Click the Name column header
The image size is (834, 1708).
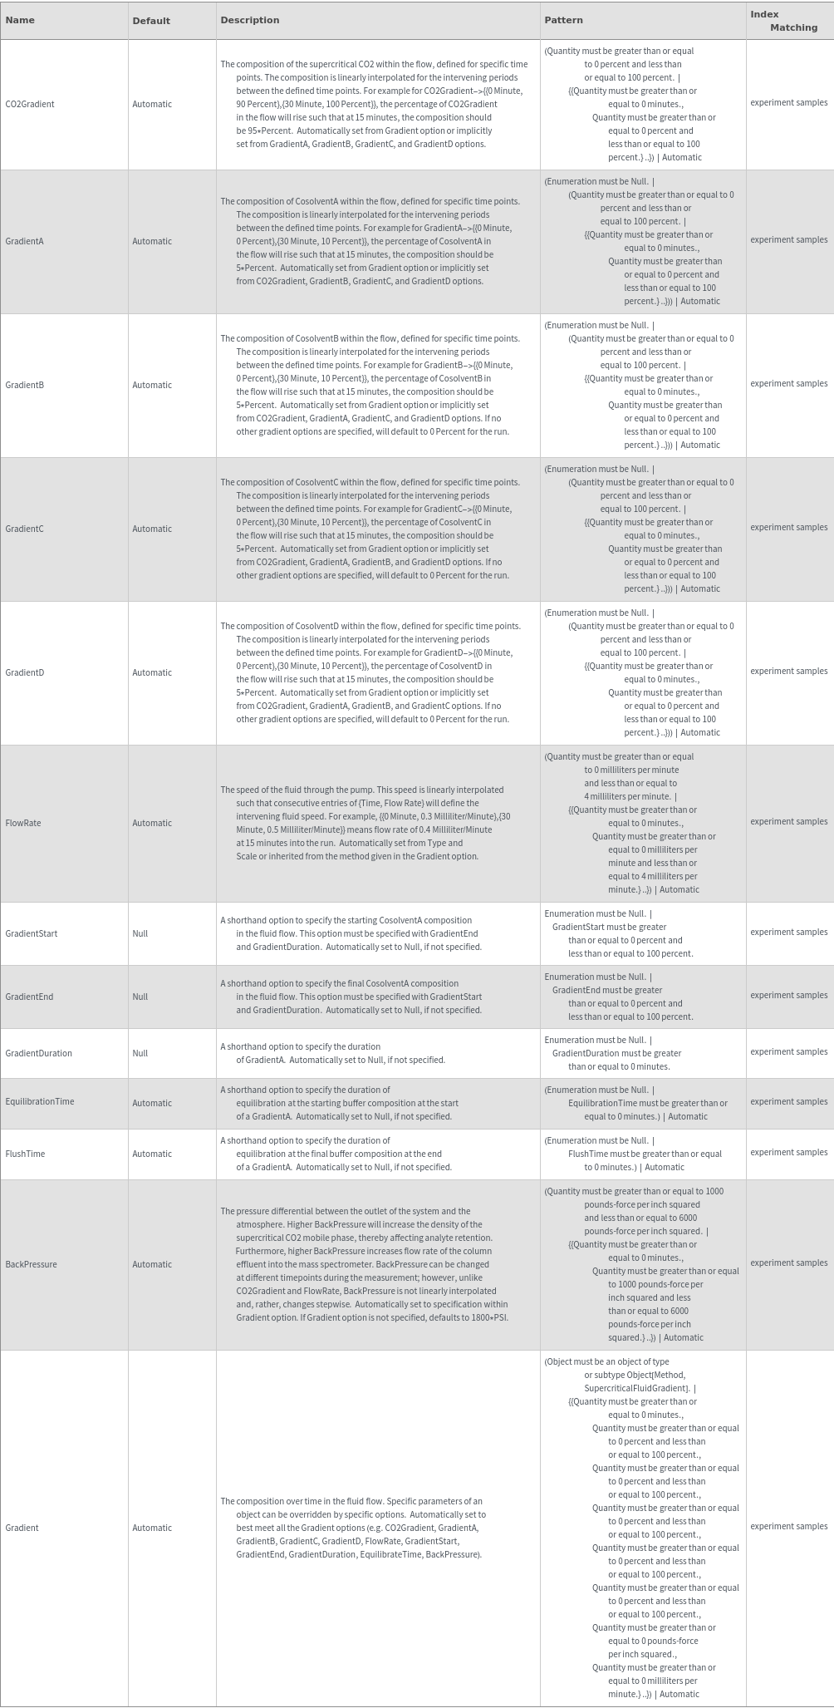[20, 20]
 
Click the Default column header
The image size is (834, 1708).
[151, 21]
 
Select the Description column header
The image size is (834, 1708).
[250, 20]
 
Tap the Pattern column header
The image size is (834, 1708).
[564, 20]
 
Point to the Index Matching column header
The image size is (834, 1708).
[783, 21]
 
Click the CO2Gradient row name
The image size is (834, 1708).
[30, 104]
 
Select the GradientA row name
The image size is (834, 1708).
[24, 241]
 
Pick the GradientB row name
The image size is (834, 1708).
[24, 385]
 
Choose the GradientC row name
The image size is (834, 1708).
[24, 529]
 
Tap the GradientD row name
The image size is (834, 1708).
[24, 672]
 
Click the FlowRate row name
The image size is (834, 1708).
[22, 823]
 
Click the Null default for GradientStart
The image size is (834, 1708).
[140, 933]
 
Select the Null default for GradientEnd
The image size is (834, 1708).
[140, 997]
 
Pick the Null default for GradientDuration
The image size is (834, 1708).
[140, 1053]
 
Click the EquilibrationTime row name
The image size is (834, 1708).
[39, 1101]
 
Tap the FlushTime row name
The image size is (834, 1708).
[25, 1154]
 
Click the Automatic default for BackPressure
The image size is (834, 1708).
[152, 1264]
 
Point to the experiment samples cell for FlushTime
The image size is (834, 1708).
[788, 1152]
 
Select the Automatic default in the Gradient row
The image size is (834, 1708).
[152, 1528]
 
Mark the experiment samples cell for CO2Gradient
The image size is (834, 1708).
[788, 102]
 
